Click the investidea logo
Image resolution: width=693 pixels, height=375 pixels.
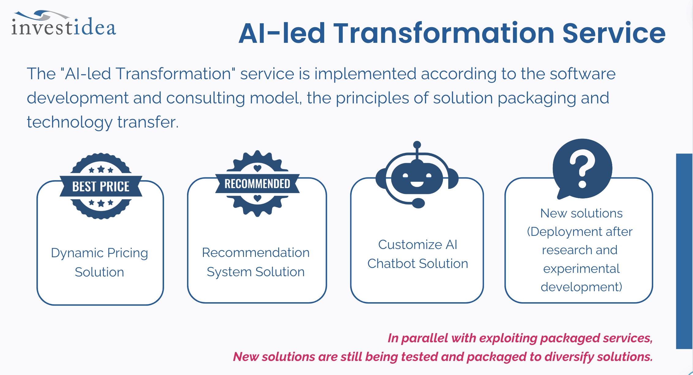[64, 24]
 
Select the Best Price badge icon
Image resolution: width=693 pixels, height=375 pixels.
[101, 186]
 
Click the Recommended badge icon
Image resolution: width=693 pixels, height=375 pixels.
[257, 184]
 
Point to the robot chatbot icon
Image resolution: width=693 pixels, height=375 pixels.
[417, 175]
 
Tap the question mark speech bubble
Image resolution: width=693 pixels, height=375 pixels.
[582, 169]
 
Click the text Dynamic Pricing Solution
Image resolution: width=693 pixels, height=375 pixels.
[99, 262]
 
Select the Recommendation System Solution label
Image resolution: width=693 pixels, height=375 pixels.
[256, 262]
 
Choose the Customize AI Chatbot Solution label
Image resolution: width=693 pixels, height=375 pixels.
[418, 254]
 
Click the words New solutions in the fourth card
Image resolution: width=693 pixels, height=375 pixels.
[581, 213]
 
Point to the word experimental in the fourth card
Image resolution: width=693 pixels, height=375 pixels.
[581, 269]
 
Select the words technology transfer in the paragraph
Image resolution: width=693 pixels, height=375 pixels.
[103, 122]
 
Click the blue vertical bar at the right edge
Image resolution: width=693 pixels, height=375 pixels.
[684, 251]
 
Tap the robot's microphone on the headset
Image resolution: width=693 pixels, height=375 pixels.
[418, 203]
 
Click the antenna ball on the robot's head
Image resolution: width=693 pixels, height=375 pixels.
[417, 145]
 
